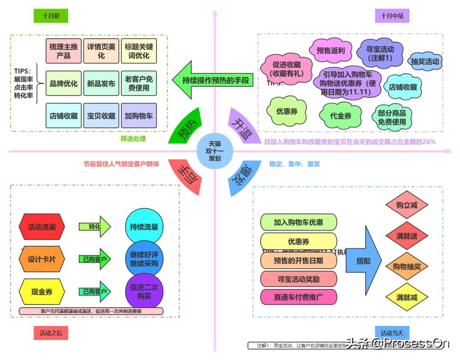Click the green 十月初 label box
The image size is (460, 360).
tap(51, 16)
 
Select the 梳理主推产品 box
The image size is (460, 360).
tap(63, 51)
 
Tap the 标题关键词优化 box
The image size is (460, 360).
tap(138, 51)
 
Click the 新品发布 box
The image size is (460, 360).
tap(101, 84)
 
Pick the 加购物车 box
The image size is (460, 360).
tap(138, 116)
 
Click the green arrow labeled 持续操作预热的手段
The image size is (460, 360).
tap(211, 80)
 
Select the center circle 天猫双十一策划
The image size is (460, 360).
tap(215, 151)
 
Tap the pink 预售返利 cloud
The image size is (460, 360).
tap(331, 51)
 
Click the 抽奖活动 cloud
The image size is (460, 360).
tap(425, 62)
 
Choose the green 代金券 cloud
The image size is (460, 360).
tap(341, 115)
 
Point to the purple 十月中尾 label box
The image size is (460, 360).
tap(392, 16)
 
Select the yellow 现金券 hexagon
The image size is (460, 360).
tap(42, 292)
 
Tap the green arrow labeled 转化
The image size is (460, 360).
tap(95, 227)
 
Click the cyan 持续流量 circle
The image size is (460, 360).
tap(144, 227)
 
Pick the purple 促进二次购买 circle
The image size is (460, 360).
tap(144, 291)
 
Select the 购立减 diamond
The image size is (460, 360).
tap(406, 205)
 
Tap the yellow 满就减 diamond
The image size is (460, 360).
tap(406, 297)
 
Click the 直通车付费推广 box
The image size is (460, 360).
tap(299, 297)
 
